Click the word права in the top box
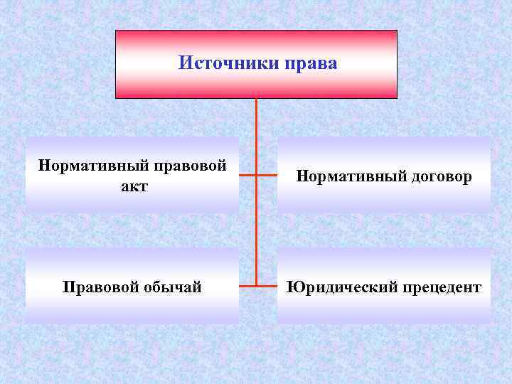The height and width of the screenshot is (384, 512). point(311,64)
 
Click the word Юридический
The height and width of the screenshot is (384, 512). point(334,287)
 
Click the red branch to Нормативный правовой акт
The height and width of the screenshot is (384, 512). point(247,175)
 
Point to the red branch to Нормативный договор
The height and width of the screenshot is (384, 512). point(266,175)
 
